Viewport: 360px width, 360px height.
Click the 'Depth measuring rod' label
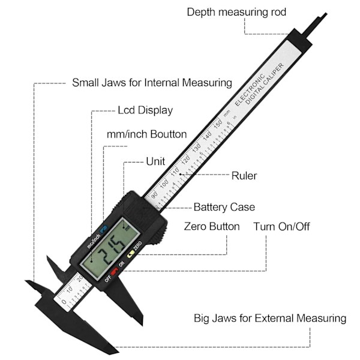point(236,12)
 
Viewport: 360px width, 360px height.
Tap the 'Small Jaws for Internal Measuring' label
point(152,82)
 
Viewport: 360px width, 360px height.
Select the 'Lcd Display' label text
point(145,110)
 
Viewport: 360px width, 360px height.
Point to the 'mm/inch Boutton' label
point(146,134)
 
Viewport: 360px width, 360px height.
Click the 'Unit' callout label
point(155,162)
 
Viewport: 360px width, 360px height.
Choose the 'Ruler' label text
point(244,176)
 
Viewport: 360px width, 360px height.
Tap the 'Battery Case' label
point(224,207)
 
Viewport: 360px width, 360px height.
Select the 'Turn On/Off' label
point(281,227)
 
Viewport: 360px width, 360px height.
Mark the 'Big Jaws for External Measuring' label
point(269,318)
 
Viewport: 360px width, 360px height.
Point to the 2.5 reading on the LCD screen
point(112,248)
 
